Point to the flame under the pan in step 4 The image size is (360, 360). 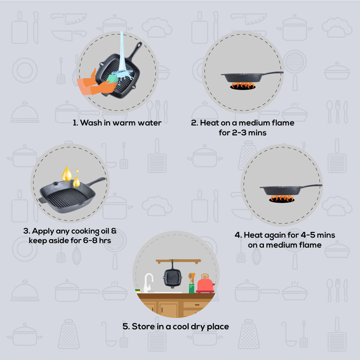click(282, 198)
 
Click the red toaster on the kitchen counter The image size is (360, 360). click(205, 284)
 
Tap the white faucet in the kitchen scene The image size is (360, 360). click(148, 283)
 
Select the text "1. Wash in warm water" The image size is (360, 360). click(117, 123)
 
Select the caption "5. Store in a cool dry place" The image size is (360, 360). click(176, 327)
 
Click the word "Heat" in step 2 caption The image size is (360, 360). click(210, 123)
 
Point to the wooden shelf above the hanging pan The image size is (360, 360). click(178, 261)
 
